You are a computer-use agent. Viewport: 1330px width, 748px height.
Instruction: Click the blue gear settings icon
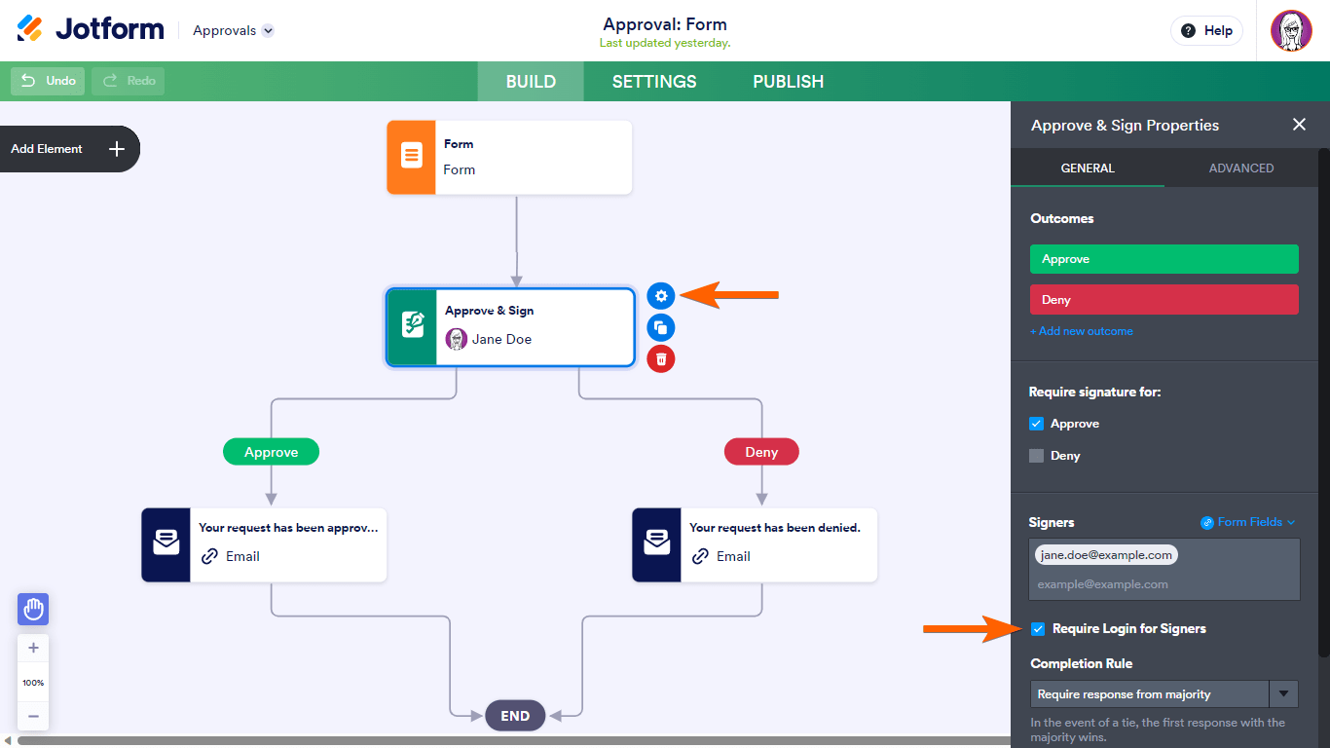pyautogui.click(x=661, y=295)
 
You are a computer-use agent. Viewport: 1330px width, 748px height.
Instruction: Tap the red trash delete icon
pyautogui.click(x=661, y=359)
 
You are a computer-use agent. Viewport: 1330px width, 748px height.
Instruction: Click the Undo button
pyautogui.click(x=49, y=81)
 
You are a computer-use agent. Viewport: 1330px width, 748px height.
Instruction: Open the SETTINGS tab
pyautogui.click(x=654, y=82)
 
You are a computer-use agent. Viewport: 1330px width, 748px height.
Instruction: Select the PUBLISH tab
pyautogui.click(x=788, y=82)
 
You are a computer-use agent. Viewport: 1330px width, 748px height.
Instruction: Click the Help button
pyautogui.click(x=1206, y=31)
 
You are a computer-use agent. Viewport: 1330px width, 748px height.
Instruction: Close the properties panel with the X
pyautogui.click(x=1299, y=125)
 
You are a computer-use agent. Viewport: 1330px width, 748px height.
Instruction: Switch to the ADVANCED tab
pyautogui.click(x=1240, y=168)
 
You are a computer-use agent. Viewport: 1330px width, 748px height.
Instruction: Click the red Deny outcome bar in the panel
pyautogui.click(x=1164, y=300)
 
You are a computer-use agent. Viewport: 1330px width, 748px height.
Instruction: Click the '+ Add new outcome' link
pyautogui.click(x=1081, y=331)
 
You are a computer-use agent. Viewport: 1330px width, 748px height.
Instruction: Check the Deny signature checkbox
pyautogui.click(x=1037, y=456)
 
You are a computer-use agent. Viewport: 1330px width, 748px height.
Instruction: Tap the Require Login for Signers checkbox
pyautogui.click(x=1038, y=629)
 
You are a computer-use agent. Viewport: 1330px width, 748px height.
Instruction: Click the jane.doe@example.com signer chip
pyautogui.click(x=1105, y=555)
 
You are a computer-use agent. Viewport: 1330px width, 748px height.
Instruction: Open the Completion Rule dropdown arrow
pyautogui.click(x=1284, y=694)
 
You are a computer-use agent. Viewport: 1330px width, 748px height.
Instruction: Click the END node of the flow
pyautogui.click(x=515, y=716)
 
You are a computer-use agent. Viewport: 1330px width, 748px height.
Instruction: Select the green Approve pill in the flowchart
pyautogui.click(x=271, y=452)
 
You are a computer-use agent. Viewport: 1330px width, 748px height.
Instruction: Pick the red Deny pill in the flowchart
pyautogui.click(x=761, y=452)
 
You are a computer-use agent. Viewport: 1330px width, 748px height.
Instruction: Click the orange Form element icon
pyautogui.click(x=412, y=157)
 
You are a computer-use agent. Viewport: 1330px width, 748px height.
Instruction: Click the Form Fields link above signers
pyautogui.click(x=1248, y=522)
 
